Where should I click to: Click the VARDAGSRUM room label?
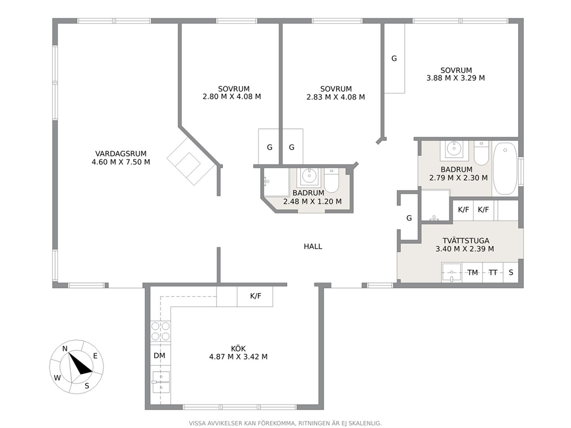pyautogui.click(x=121, y=154)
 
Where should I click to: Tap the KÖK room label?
pyautogui.click(x=238, y=349)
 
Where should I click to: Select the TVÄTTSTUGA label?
pyautogui.click(x=466, y=240)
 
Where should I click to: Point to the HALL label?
pyautogui.click(x=313, y=246)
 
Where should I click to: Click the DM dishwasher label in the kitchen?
pyautogui.click(x=159, y=356)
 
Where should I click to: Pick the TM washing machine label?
pyautogui.click(x=473, y=272)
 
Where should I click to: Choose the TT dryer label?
pyautogui.click(x=493, y=272)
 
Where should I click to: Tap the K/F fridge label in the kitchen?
pyautogui.click(x=256, y=296)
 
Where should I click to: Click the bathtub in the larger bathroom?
pyautogui.click(x=505, y=169)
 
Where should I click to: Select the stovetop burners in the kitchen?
pyautogui.click(x=161, y=331)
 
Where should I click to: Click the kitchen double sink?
pyautogui.click(x=161, y=382)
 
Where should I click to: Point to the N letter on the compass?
pyautogui.click(x=65, y=349)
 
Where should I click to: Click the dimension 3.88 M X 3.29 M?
pyautogui.click(x=455, y=78)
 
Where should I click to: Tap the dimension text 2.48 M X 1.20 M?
pyautogui.click(x=313, y=201)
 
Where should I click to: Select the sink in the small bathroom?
pyautogui.click(x=310, y=177)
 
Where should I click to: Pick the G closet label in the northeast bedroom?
pyautogui.click(x=394, y=58)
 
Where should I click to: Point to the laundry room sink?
pyautogui.click(x=451, y=272)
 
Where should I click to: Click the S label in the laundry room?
pyautogui.click(x=511, y=272)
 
